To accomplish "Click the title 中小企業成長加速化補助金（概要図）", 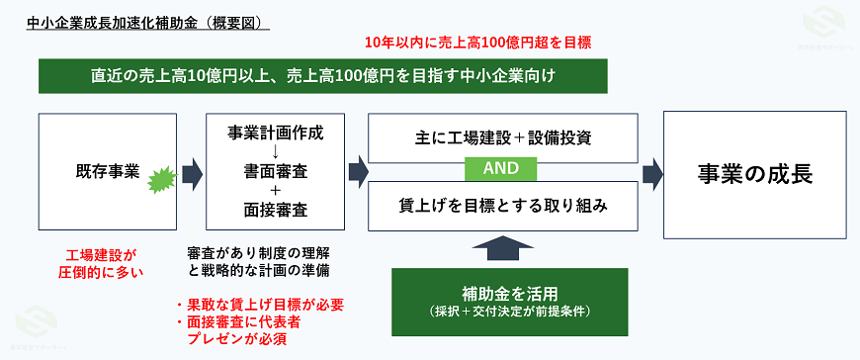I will [147, 19].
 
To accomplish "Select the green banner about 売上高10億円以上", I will [323, 75].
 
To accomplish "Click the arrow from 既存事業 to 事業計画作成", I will [193, 172].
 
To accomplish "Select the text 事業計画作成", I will [275, 132].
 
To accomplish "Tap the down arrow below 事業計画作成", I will [275, 151].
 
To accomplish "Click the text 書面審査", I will [275, 170].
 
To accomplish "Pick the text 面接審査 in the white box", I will [275, 209].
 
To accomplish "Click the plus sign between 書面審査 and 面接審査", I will [275, 190].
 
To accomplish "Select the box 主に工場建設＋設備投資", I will [502, 137].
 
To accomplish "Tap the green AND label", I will [502, 169].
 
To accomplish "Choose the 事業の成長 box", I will [754, 172].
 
